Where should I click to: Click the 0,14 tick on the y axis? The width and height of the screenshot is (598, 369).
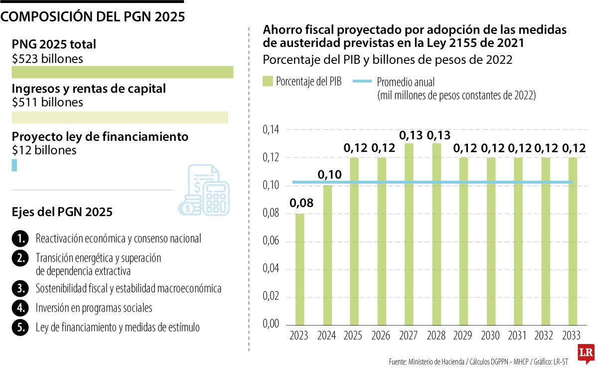tap(271, 130)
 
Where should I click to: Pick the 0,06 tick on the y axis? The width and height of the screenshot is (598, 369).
tap(271, 241)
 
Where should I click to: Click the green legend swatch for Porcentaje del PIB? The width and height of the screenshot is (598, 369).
tap(268, 81)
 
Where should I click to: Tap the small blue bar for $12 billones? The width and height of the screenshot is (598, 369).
tap(14, 165)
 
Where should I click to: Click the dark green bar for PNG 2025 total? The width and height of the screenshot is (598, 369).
tap(122, 72)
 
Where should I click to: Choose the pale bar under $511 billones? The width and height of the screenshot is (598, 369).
tap(120, 117)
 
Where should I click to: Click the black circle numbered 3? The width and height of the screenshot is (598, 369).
tap(19, 288)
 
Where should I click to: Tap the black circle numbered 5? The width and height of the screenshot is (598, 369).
tap(19, 328)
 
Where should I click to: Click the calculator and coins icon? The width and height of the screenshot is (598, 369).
tap(204, 191)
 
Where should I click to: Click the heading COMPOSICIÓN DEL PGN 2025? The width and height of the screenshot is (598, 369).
tap(93, 16)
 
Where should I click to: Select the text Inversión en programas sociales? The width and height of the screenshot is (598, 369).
tap(94, 308)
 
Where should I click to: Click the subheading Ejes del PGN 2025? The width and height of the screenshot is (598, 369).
tap(62, 212)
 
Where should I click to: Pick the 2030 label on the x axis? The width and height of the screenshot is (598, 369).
tap(490, 335)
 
